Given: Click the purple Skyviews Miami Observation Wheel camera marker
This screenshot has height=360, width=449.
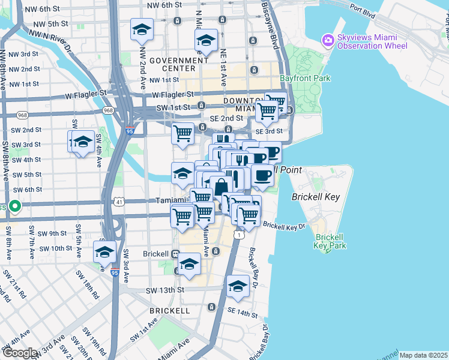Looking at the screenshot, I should click(328, 40).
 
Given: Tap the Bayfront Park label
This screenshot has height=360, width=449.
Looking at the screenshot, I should click(305, 79).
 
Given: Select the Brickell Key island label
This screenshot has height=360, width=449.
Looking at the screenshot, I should click(316, 196).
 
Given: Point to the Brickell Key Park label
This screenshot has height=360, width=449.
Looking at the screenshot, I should click(330, 241).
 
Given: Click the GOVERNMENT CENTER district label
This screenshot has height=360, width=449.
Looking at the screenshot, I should click(179, 64).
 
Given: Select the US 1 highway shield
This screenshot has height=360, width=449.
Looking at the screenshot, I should click(240, 235).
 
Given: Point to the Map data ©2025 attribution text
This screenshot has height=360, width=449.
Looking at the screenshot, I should click(423, 355).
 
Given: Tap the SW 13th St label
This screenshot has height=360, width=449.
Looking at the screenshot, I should click(164, 290).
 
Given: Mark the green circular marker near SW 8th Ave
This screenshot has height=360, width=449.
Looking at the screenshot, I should click(16, 208).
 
